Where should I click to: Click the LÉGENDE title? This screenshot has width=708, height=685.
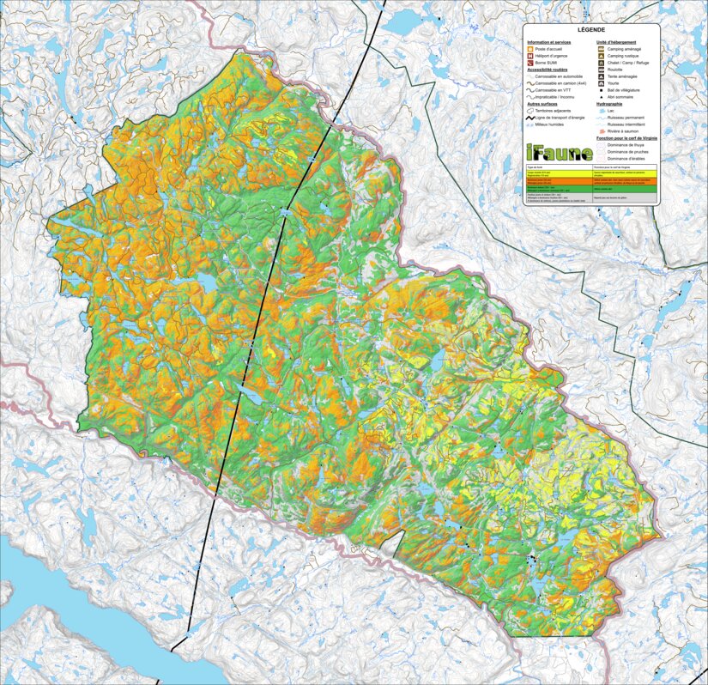[x=591, y=30]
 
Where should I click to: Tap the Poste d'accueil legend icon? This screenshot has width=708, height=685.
[x=529, y=49]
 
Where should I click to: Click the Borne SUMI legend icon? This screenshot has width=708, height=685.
[x=529, y=64]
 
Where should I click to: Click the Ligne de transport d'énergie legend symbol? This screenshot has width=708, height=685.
[x=529, y=118]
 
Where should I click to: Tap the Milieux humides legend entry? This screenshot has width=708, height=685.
[x=548, y=124]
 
